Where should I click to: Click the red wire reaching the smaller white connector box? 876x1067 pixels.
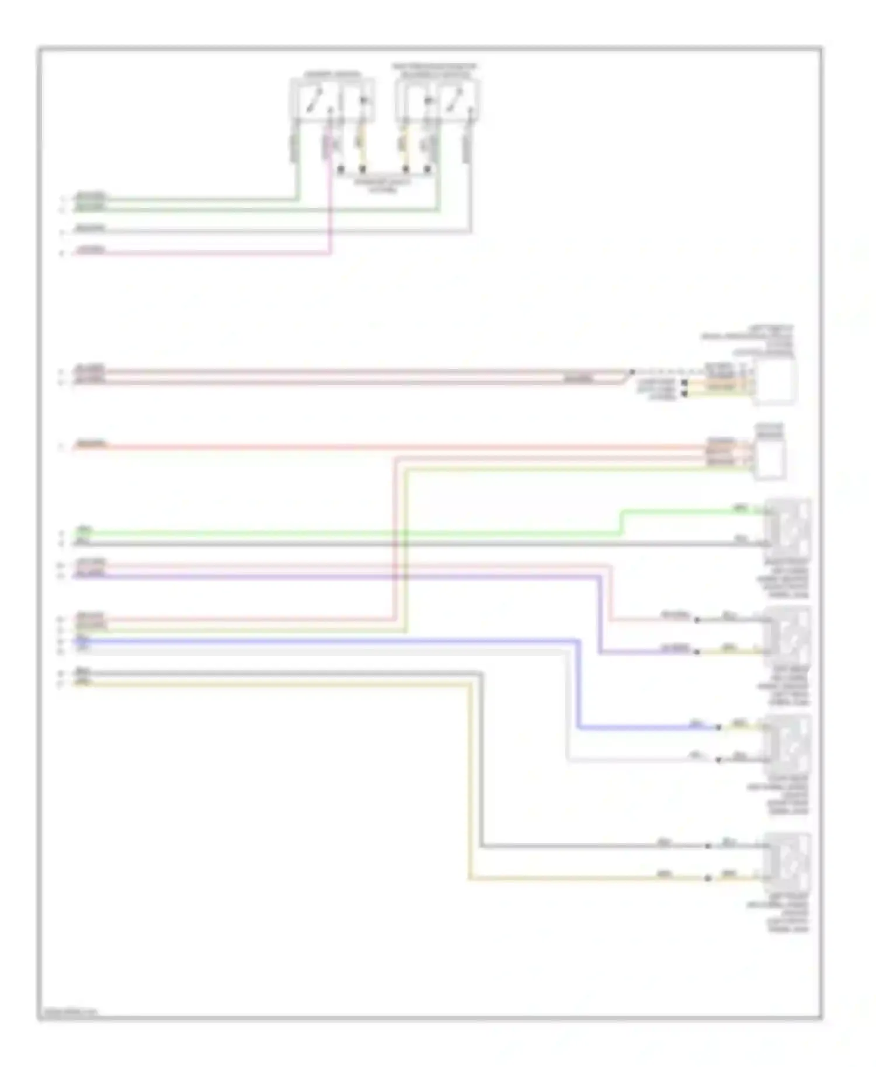(x=409, y=448)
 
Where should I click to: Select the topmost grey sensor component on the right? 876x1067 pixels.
(x=789, y=528)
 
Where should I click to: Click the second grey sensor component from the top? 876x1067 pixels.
(x=789, y=636)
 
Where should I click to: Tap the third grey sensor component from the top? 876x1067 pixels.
(x=789, y=744)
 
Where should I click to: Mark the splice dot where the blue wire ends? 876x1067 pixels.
(x=719, y=727)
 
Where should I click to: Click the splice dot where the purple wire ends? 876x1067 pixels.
(x=697, y=652)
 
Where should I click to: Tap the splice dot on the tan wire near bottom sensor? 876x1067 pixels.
(x=708, y=878)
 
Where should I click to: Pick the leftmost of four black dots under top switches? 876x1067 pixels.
(x=340, y=170)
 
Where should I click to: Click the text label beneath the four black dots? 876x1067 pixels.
(x=383, y=186)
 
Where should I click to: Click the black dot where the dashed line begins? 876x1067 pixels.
(x=631, y=372)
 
